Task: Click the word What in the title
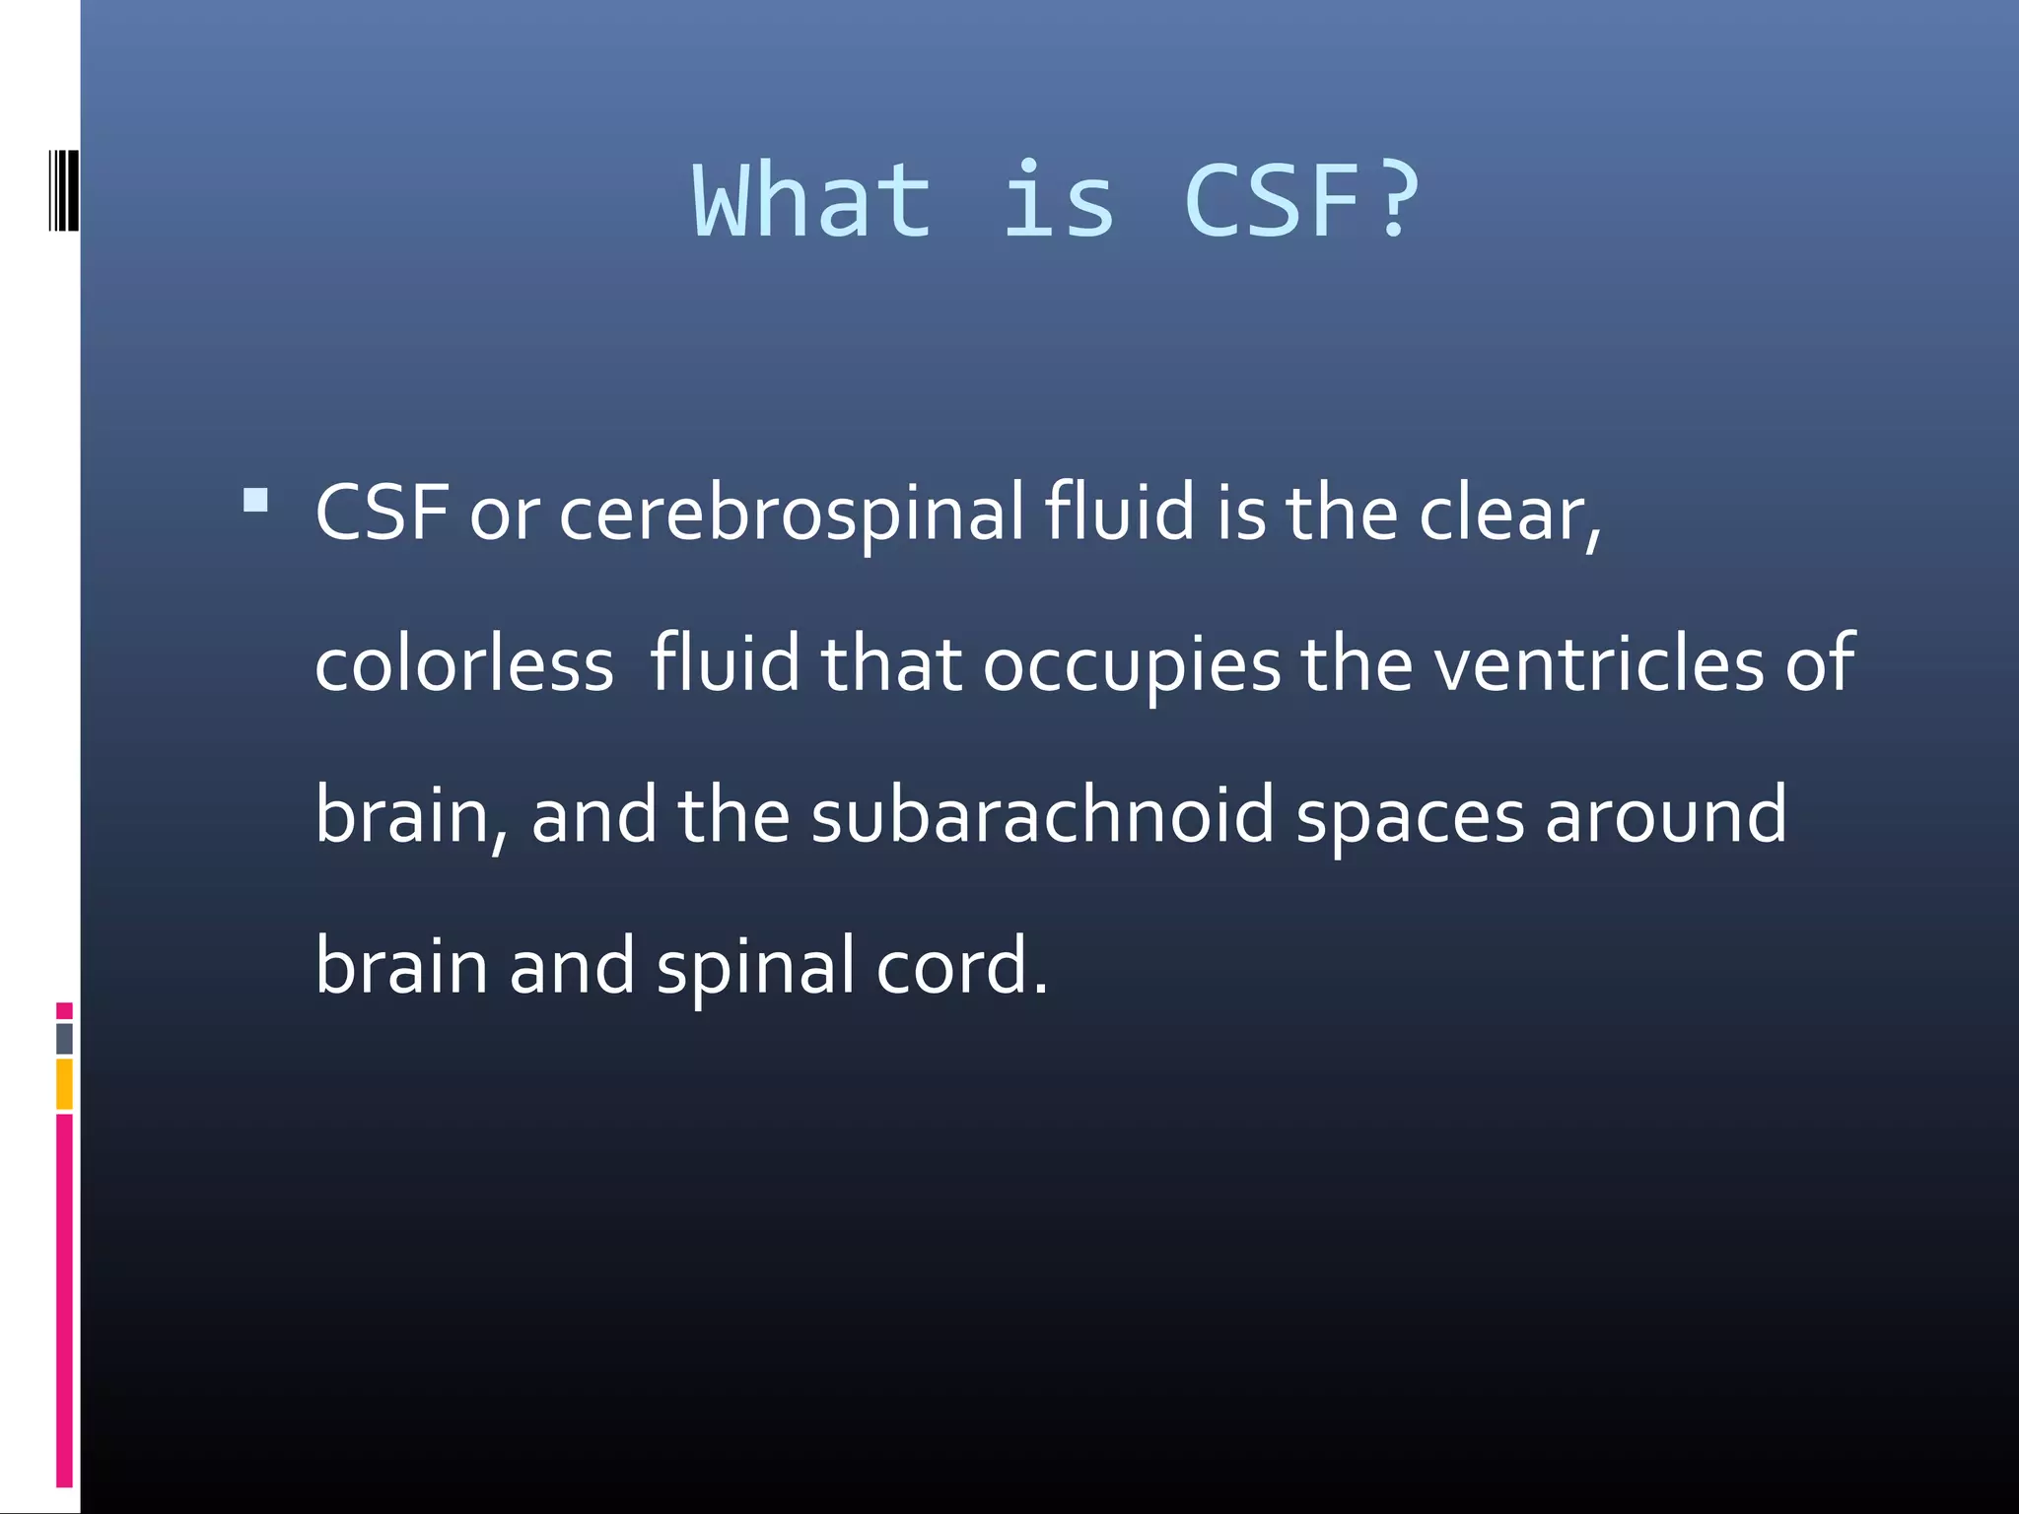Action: pos(812,202)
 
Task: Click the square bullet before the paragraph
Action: pos(255,501)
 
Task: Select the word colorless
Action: pos(464,664)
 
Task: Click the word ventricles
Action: pos(1597,664)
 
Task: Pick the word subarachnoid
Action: pos(1042,816)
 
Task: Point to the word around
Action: pos(1665,816)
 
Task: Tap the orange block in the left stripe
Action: pos(64,1084)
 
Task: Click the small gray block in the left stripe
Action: pos(64,1039)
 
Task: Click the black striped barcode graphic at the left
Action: pos(63,190)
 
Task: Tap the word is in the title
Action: pos(1059,202)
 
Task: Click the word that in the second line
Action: pos(890,664)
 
